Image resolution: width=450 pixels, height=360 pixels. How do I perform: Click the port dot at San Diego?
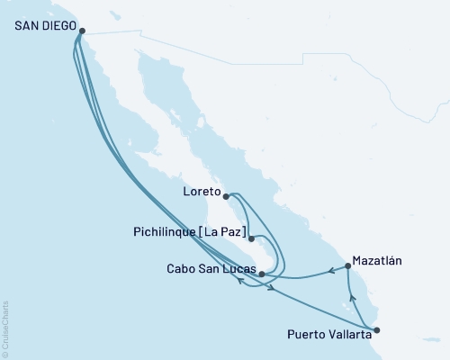[82, 31]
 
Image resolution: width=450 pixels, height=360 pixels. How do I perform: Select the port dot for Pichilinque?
[250, 238]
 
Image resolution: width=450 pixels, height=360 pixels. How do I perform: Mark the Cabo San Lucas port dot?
[261, 273]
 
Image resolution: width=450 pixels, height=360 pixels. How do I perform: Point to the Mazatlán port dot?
[347, 266]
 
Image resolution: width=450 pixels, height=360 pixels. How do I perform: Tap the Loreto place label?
[199, 191]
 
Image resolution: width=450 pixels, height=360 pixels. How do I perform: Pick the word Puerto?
[304, 334]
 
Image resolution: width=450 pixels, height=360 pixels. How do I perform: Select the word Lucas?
[237, 268]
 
